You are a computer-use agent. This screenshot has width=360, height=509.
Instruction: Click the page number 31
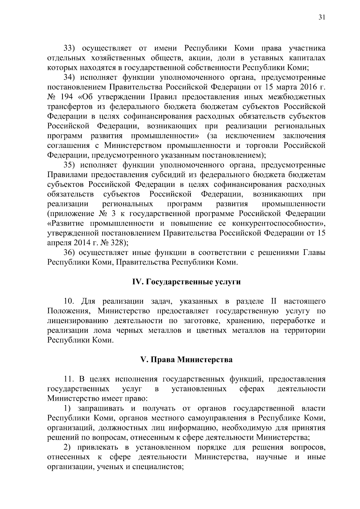pos(321,18)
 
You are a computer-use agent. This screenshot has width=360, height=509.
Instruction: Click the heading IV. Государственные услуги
pos(187,282)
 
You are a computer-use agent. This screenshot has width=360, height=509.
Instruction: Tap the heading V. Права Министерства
pos(187,360)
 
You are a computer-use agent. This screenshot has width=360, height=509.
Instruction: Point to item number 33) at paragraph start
pos(70,49)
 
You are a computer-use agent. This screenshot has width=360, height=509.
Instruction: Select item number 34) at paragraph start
pos(70,78)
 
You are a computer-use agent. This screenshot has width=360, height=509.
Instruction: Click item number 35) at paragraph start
pos(70,165)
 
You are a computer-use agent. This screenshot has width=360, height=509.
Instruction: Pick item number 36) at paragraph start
pos(70,253)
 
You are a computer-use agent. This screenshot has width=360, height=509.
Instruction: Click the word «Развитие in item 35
pos(67,223)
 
